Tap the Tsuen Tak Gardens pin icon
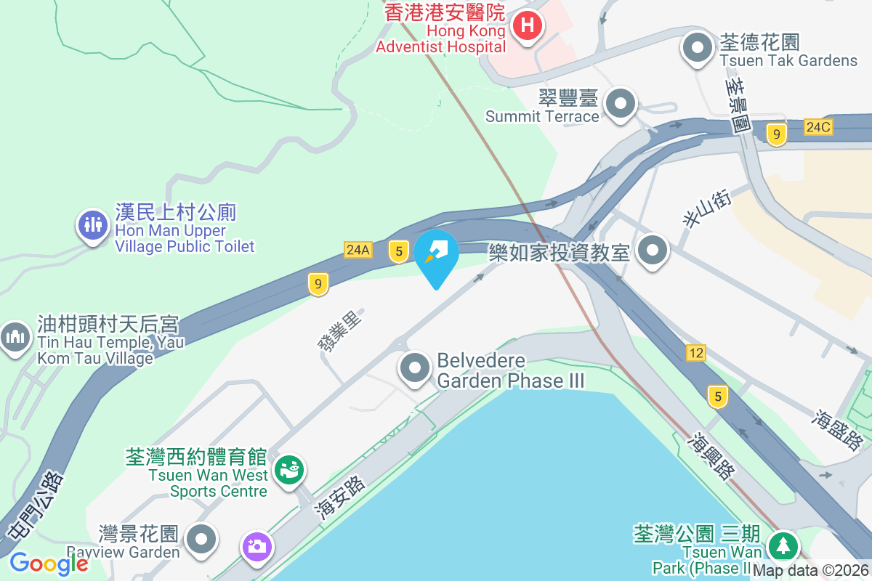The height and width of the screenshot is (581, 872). [x=698, y=49]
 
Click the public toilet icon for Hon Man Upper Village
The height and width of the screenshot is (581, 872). [x=92, y=225]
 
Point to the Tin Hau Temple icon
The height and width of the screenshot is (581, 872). [x=15, y=337]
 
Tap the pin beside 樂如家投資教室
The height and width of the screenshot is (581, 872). [x=653, y=251]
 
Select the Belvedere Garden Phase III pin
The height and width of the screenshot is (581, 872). [x=415, y=368]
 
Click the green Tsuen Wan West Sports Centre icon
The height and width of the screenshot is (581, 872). [x=289, y=468]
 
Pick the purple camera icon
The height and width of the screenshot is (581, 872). [x=257, y=545]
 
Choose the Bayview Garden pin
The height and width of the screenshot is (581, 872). [x=201, y=540]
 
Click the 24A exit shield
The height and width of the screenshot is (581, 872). [x=358, y=250]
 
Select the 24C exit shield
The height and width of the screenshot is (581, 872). [x=817, y=128]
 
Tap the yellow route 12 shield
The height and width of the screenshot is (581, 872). [x=695, y=353]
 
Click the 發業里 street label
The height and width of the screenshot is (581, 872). [x=339, y=330]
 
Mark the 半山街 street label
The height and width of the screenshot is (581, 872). [x=696, y=210]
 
